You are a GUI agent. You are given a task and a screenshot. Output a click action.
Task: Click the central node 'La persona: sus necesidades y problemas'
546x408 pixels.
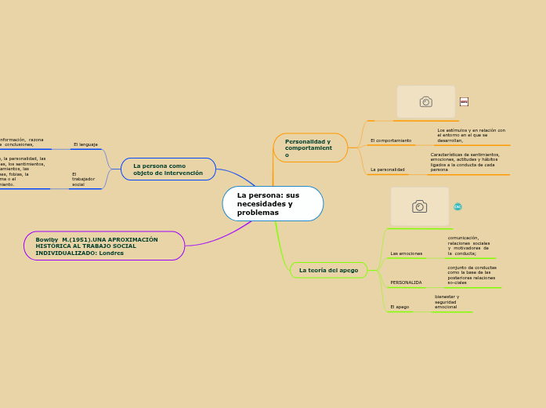(273, 204)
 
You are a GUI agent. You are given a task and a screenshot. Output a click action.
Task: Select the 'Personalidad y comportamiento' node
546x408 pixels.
(310, 148)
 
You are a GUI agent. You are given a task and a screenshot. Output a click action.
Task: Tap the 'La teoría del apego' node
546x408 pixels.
(328, 270)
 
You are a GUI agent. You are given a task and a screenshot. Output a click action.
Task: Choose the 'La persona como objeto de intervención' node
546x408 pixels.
(168, 169)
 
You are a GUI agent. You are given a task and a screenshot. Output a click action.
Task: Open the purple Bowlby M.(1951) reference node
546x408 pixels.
(104, 246)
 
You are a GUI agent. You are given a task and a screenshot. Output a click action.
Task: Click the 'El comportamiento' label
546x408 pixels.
(390, 140)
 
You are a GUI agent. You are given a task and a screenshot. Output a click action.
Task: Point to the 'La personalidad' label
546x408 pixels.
(387, 169)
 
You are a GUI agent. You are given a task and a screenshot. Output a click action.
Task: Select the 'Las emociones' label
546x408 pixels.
(406, 253)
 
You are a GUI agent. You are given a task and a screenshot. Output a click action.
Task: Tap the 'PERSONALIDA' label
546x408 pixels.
(406, 282)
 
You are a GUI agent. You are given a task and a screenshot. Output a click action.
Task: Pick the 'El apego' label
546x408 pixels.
(400, 307)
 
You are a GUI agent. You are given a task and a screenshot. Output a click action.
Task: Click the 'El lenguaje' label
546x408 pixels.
(85, 144)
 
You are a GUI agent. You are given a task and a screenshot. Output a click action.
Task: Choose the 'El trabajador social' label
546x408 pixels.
(83, 179)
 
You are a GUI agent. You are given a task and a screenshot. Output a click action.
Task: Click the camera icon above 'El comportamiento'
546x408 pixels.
(425, 102)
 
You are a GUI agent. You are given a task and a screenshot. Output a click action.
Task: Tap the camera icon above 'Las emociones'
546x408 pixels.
(419, 206)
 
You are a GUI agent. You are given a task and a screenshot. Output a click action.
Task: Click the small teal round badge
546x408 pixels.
(457, 206)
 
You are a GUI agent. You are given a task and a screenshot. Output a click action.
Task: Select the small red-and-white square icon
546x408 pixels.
(464, 101)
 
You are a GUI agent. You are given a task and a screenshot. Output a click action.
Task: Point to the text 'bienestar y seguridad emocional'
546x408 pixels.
(447, 301)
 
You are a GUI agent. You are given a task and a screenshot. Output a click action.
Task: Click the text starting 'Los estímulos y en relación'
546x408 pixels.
(471, 135)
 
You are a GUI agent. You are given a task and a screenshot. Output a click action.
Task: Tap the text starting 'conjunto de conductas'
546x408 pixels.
(472, 275)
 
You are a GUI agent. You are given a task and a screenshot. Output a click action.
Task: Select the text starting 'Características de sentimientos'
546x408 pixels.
(465, 162)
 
